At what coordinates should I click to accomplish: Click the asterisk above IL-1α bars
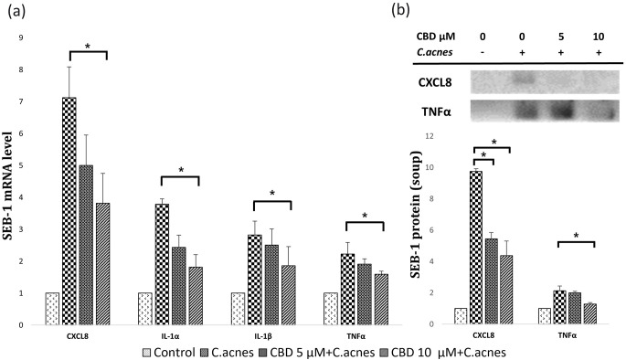pos(180,171)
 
